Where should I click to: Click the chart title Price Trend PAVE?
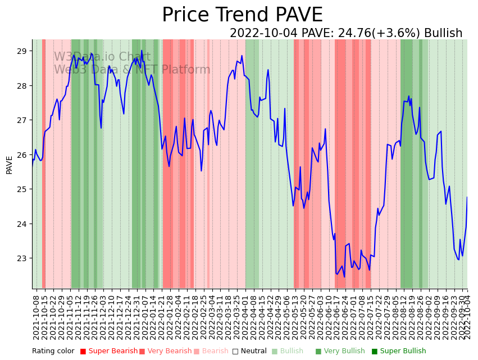pyautogui.click(x=242, y=15)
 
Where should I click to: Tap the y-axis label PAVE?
pyautogui.click(x=9, y=165)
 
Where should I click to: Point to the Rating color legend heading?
pyautogui.click(x=53, y=352)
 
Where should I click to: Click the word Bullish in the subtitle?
pyautogui.click(x=443, y=33)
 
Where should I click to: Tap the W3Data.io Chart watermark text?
pyautogui.click(x=102, y=57)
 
